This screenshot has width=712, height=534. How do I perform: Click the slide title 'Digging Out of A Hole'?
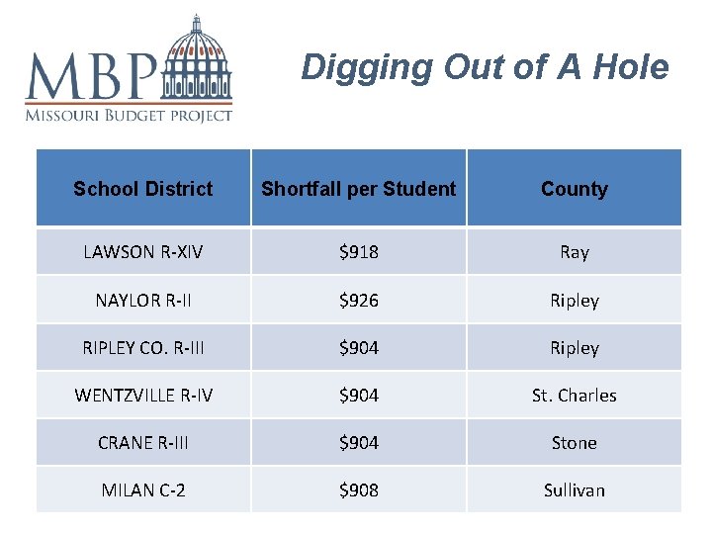485,67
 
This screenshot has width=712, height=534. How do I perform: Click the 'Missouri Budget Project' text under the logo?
129,115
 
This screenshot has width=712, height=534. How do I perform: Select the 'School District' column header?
143,189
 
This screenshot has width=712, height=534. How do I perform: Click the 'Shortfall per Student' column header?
359,189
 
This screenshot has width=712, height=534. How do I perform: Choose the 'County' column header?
575,189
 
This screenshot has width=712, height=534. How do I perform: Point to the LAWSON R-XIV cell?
143,252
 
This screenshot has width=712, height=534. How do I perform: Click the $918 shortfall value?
359,252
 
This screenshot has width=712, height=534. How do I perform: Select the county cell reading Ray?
575,252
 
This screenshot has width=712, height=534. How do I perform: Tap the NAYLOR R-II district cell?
143,300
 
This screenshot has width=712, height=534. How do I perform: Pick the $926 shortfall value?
359,300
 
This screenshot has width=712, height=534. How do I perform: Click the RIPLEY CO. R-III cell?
143,348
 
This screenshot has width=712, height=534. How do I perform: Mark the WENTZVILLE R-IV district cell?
143,396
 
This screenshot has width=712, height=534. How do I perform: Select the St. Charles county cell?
575,396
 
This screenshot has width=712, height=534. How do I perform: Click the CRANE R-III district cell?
143,443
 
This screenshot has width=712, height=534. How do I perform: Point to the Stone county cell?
575,443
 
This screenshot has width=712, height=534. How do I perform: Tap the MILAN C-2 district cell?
143,490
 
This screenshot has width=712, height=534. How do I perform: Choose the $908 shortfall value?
359,490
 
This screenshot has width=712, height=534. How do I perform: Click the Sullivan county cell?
575,490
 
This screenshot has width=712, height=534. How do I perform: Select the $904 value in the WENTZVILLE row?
359,396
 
